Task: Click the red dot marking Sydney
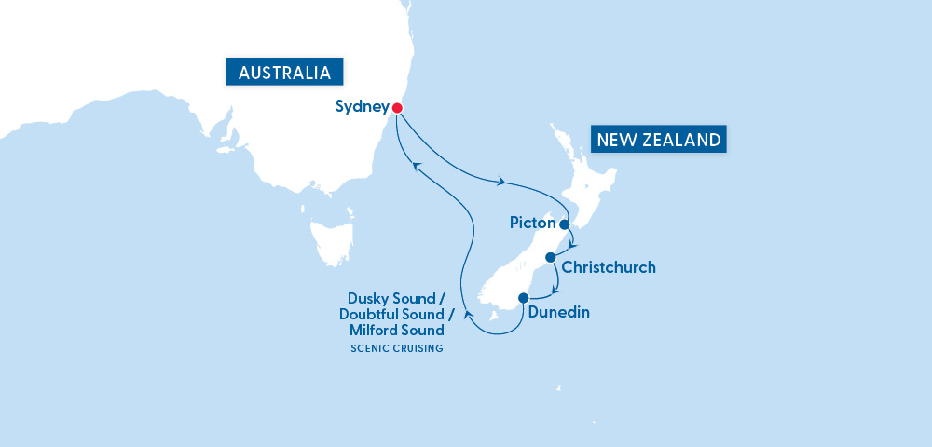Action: [x=397, y=108]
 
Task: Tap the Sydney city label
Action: [x=362, y=107]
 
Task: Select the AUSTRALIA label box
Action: [x=284, y=73]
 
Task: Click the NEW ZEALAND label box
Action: [x=659, y=141]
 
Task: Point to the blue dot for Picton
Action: [x=564, y=224]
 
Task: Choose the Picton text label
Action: [x=533, y=223]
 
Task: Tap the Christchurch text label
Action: [x=610, y=267]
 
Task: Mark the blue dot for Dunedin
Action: [x=522, y=299]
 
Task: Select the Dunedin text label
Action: [x=559, y=313]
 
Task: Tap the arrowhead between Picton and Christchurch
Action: [x=573, y=245]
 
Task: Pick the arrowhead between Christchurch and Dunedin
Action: [x=557, y=290]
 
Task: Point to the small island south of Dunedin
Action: [x=561, y=388]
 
